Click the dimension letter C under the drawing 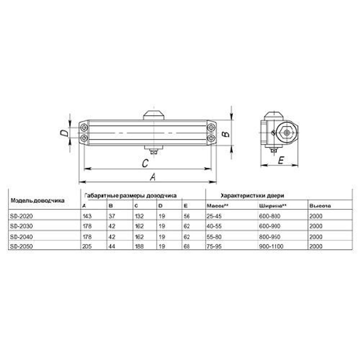144,163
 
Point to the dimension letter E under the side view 282,160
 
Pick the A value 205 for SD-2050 87,247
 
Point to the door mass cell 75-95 213,247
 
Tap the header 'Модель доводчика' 37,200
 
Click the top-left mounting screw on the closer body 84,127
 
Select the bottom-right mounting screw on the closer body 211,138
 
